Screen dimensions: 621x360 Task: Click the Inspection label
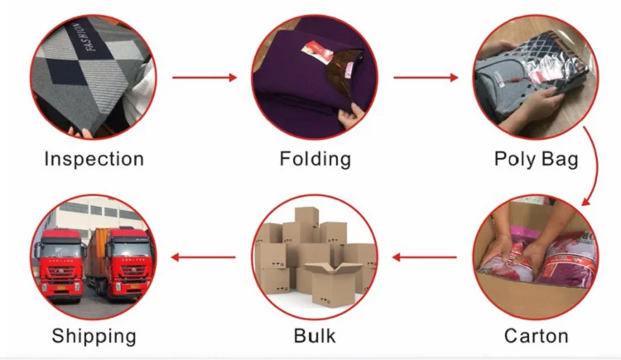pyautogui.click(x=94, y=159)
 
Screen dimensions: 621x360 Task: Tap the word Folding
pyautogui.click(x=315, y=159)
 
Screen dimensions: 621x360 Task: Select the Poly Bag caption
pyautogui.click(x=536, y=159)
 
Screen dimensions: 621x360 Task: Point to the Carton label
pyautogui.click(x=536, y=336)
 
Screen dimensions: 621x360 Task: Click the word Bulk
pyautogui.click(x=315, y=336)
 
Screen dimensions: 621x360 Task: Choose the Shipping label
pyautogui.click(x=94, y=336)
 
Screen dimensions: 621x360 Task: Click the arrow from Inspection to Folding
pyautogui.click(x=205, y=78)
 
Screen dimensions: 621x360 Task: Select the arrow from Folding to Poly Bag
pyautogui.click(x=426, y=78)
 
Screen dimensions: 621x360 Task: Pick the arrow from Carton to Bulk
pyautogui.click(x=425, y=257)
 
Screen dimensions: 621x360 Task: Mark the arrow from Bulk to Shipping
pyautogui.click(x=204, y=257)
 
